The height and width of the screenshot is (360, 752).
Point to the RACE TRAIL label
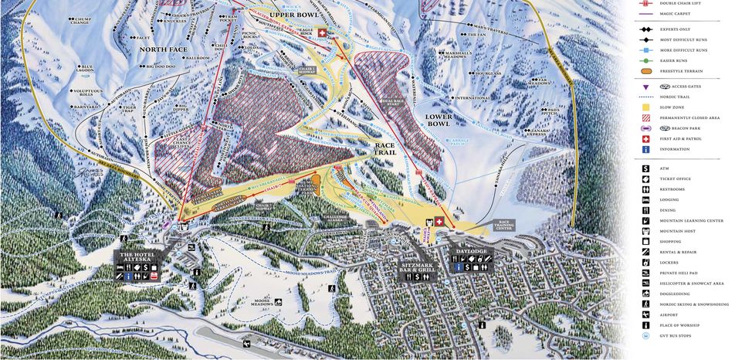pos(384,148)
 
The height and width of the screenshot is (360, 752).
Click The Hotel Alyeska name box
pos(137,257)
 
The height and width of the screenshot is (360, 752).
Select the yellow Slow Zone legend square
pos(644,107)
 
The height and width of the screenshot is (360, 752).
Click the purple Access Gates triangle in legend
pos(644,87)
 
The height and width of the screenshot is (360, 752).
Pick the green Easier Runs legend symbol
pos(644,59)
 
